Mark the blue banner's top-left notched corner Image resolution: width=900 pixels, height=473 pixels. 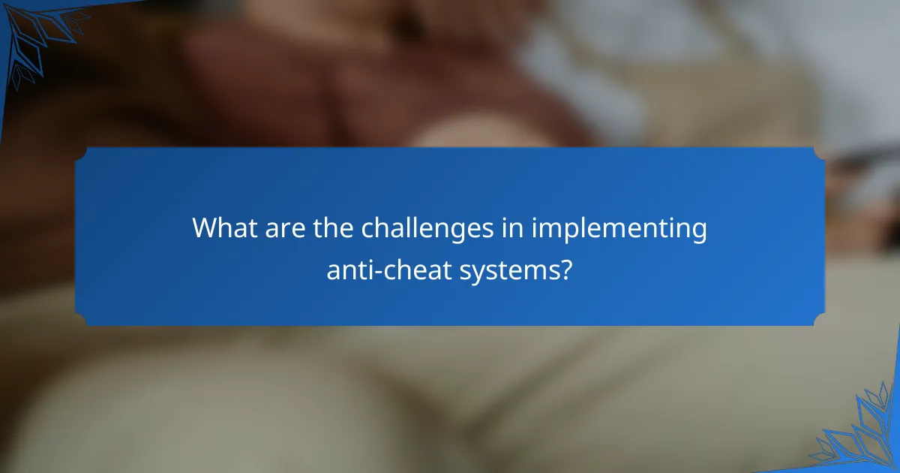tap(81, 153)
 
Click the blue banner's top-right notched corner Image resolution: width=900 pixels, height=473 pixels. tap(819, 153)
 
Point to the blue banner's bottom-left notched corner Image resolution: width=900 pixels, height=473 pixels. tap(81, 320)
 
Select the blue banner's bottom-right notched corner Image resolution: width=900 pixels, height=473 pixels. tap(819, 320)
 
